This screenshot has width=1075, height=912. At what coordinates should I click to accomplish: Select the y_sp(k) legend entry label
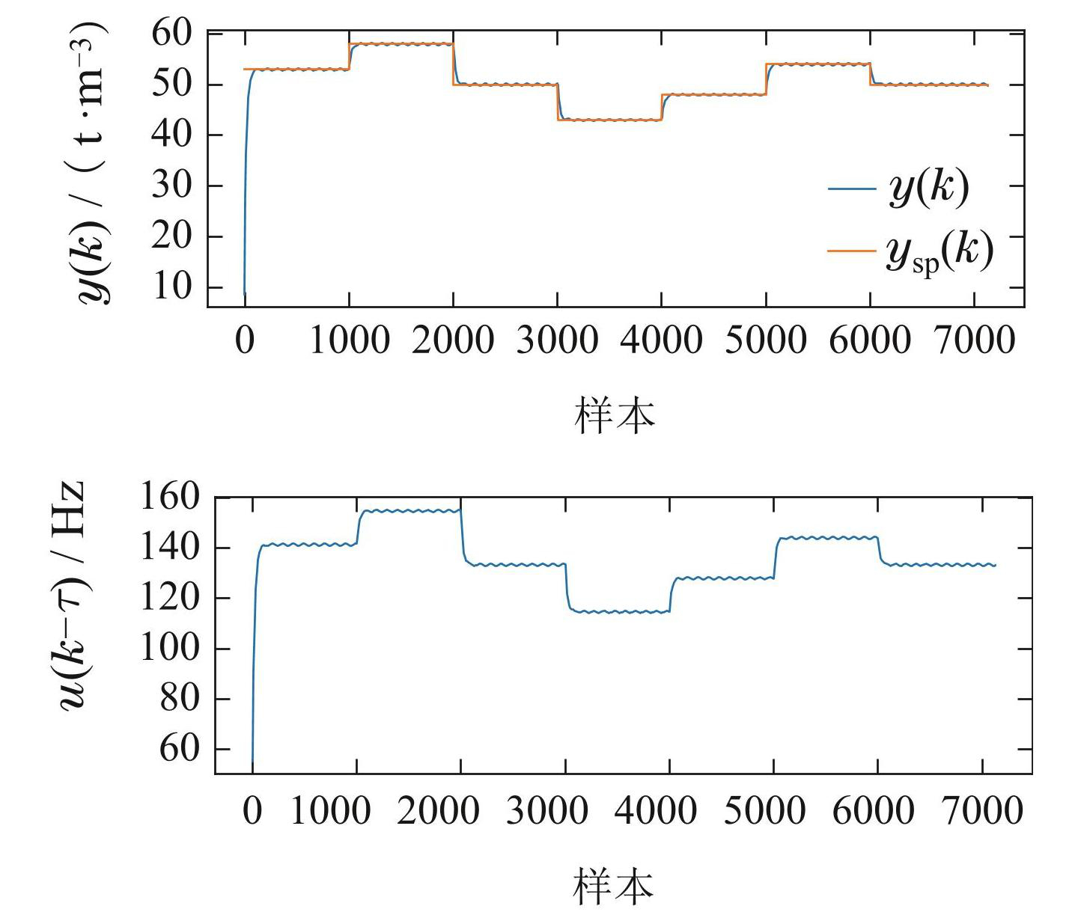click(x=940, y=251)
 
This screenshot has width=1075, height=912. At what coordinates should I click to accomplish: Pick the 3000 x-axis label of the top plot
click(x=557, y=341)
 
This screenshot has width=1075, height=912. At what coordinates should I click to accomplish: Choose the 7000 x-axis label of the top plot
click(x=974, y=341)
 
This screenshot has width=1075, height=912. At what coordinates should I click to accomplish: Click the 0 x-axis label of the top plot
click(x=245, y=341)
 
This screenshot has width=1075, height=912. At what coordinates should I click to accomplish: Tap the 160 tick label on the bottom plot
click(x=170, y=497)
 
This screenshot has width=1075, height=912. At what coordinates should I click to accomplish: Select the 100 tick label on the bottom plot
click(x=170, y=648)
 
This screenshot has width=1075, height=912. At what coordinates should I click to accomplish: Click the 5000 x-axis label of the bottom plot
click(x=764, y=811)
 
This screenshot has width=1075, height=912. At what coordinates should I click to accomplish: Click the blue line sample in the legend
click(x=851, y=188)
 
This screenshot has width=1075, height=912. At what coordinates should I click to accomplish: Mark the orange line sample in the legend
click(x=851, y=251)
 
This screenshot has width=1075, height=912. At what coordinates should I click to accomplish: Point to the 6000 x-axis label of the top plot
click(x=870, y=341)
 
